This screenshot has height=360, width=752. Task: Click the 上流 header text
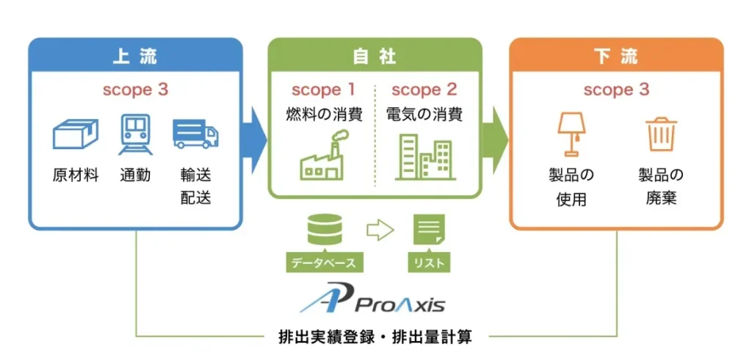[x=135, y=56]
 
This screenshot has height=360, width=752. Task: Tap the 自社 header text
[x=375, y=56]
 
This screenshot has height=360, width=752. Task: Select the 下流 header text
[x=615, y=56]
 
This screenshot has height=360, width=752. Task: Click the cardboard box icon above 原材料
[x=75, y=134]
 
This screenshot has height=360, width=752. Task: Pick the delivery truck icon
[x=195, y=135]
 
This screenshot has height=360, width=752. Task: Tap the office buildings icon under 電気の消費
[x=424, y=156]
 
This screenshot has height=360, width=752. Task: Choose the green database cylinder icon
[x=324, y=230]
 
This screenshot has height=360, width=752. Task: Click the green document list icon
[x=429, y=230]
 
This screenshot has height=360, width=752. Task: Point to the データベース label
[x=324, y=262]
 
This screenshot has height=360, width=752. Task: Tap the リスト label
[x=429, y=262]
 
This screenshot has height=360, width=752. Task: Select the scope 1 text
[x=323, y=90]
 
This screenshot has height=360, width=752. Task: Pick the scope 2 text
[x=424, y=90]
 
